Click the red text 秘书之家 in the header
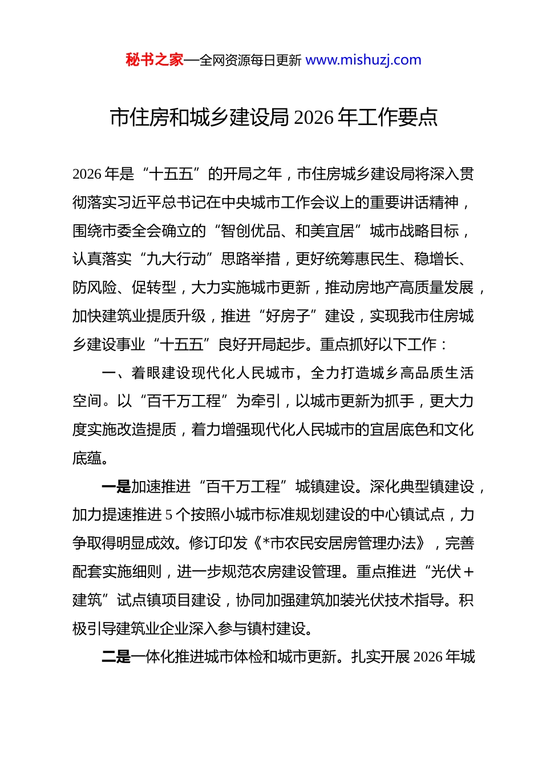[x=155, y=60]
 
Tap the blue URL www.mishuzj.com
[x=363, y=60]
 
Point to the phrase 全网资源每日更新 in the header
[x=250, y=60]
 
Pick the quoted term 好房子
[x=288, y=316]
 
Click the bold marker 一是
[x=116, y=487]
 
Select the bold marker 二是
[x=116, y=657]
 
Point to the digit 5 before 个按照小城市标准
[x=169, y=515]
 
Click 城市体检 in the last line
[x=264, y=657]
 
